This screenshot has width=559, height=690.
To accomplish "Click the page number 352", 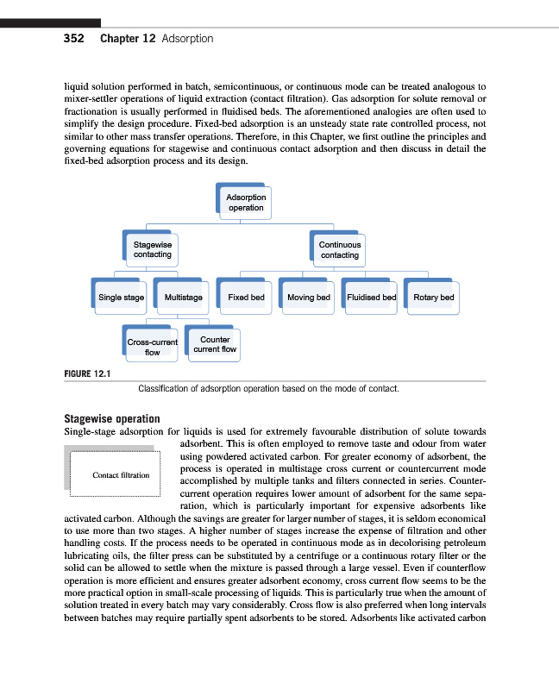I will point(73,39).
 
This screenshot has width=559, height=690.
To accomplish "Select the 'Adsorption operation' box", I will point(246,203).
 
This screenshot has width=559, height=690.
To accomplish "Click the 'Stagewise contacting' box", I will point(153,250).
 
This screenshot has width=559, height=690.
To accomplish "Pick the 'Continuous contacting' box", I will point(340,250).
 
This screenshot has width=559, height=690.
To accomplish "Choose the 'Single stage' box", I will point(121,298).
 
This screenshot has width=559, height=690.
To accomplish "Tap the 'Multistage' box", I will point(183,298).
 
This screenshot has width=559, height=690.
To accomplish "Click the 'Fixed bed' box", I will point(246,298).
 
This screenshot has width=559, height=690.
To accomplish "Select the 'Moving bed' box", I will point(309,298).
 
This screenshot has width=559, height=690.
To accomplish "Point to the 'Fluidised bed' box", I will point(371,298).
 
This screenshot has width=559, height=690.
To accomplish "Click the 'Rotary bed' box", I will point(433,298).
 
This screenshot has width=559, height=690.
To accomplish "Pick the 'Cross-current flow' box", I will point(153,347).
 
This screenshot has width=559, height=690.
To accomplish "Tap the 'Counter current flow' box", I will point(215,344).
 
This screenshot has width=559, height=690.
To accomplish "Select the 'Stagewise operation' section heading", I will point(112,419).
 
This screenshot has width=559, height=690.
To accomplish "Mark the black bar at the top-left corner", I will point(50,22).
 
